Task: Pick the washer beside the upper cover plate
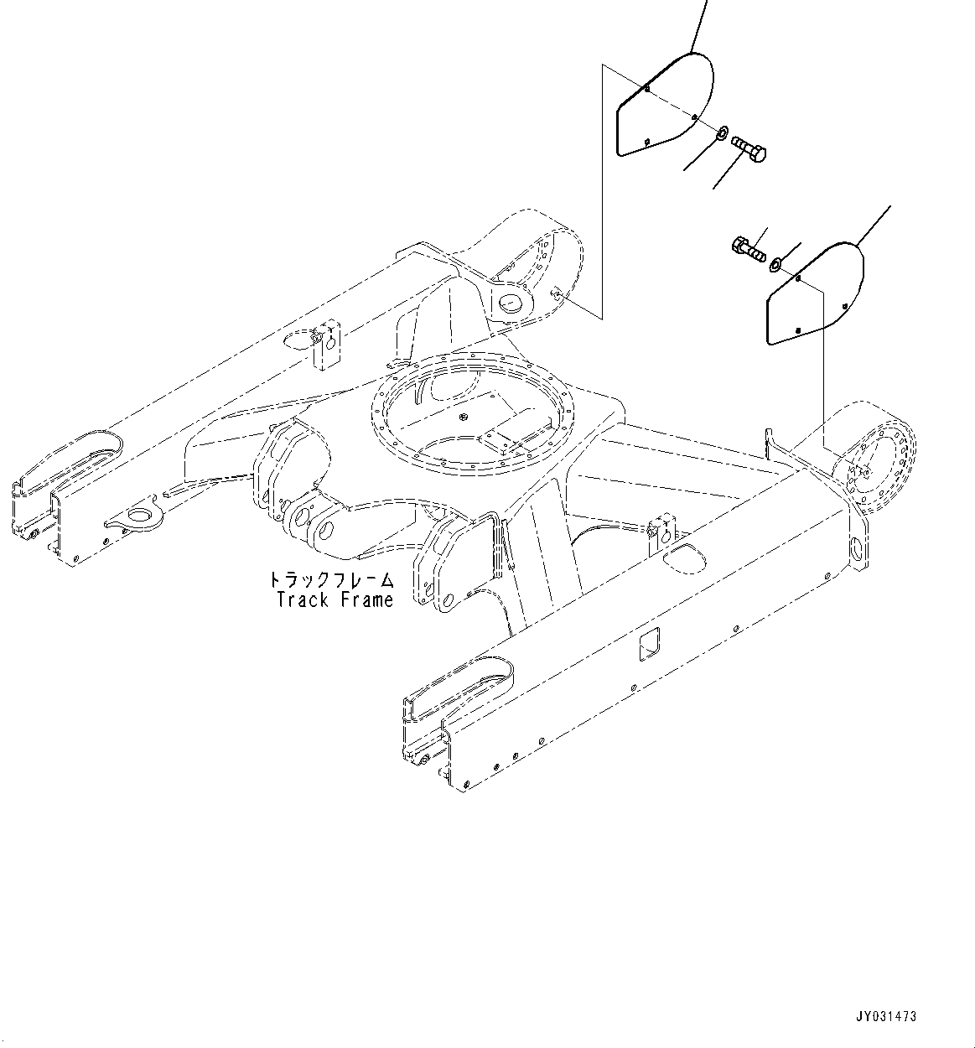coord(722,132)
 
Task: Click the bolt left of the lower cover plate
coord(748,248)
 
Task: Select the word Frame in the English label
coord(366,599)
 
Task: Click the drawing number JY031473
coord(888,1016)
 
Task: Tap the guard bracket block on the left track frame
coord(325,343)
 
